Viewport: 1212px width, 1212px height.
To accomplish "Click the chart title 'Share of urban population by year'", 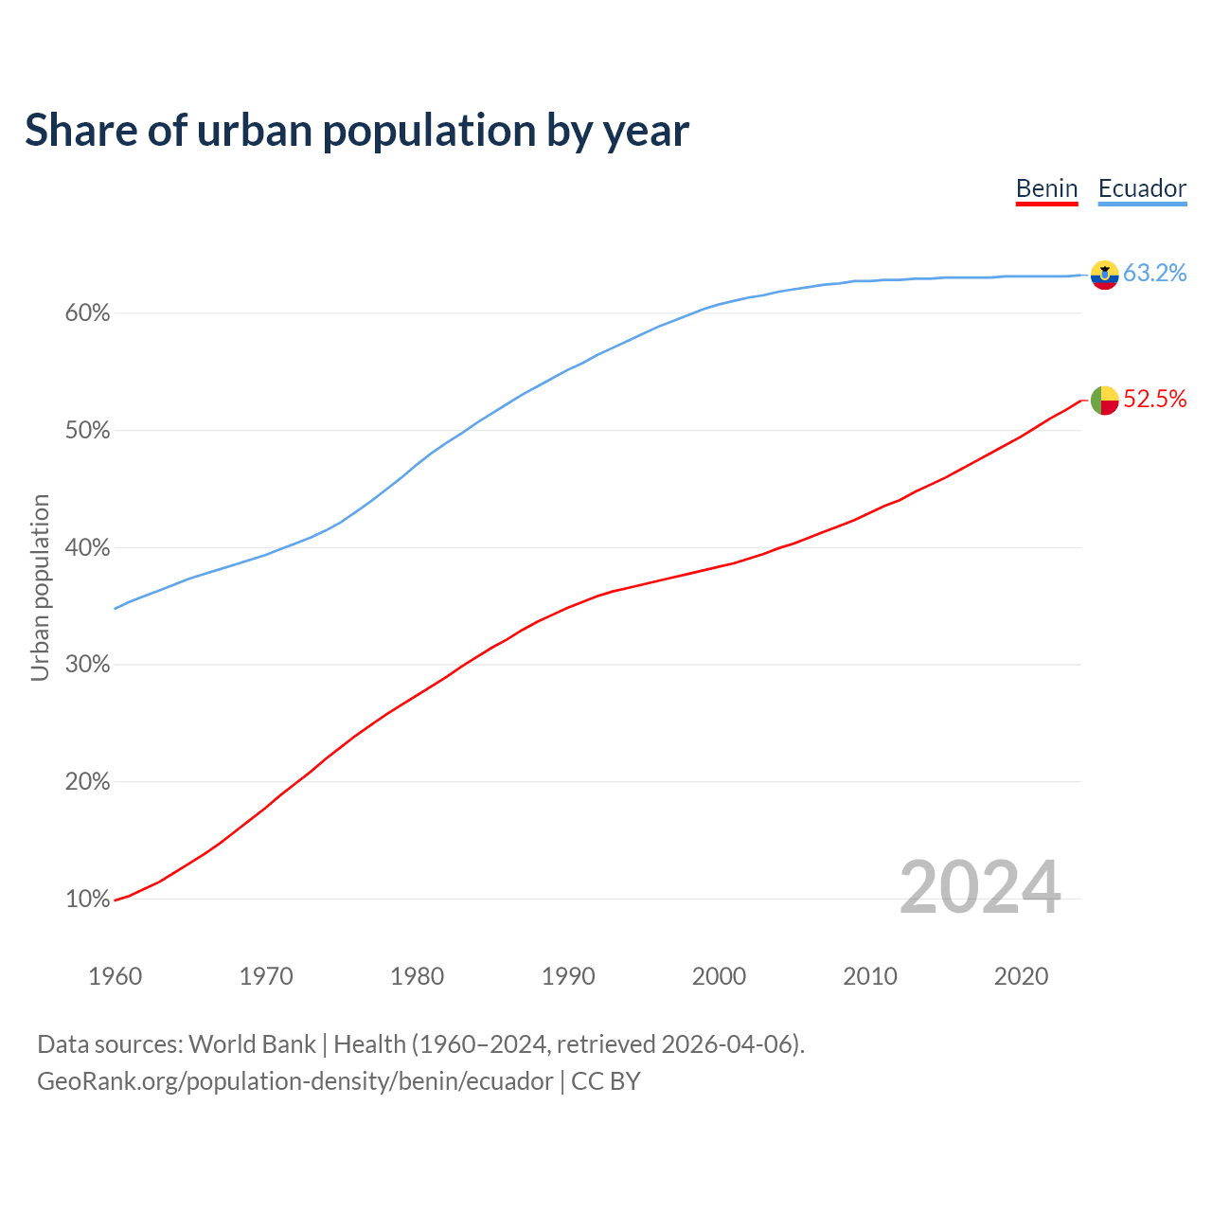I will tap(357, 131).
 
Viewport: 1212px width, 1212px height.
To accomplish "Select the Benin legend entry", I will tap(1046, 188).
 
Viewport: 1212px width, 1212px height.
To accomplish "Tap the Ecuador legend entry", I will tap(1142, 188).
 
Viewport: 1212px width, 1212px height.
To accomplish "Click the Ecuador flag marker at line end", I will tap(1104, 275).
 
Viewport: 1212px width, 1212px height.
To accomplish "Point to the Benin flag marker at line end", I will tap(1104, 400).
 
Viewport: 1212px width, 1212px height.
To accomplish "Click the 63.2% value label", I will tap(1154, 274).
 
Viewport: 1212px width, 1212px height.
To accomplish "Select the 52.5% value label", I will tap(1154, 400).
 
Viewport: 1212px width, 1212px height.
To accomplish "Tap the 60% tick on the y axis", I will tap(87, 313).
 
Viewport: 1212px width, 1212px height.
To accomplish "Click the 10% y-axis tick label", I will tap(87, 900).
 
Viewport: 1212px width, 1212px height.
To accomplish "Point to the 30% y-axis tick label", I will tap(87, 665).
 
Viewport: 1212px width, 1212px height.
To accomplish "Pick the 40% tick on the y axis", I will tap(87, 548).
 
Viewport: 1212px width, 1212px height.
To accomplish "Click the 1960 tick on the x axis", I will tap(115, 976).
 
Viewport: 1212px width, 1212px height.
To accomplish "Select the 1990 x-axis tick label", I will tap(568, 976).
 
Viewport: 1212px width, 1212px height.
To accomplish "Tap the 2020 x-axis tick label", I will tap(1021, 976).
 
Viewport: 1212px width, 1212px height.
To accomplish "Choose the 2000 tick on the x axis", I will tap(719, 976).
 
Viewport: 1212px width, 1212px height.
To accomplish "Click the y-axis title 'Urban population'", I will tap(40, 587).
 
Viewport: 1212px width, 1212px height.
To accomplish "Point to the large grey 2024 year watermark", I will tap(980, 887).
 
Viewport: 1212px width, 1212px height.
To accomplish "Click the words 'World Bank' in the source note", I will tap(252, 1044).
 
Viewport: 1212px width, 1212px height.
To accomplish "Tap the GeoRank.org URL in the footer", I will tap(294, 1081).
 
